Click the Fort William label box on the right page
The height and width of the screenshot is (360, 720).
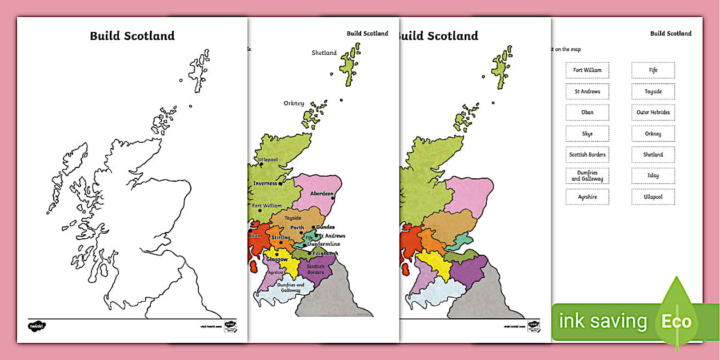tap(587, 70)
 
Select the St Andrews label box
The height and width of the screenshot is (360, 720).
tap(587, 91)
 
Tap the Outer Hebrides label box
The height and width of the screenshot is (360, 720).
tap(653, 113)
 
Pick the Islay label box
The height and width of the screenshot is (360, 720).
tap(653, 176)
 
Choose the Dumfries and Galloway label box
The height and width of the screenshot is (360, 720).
tap(587, 176)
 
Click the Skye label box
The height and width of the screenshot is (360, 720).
tap(587, 134)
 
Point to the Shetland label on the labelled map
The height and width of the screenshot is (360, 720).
tap(324, 53)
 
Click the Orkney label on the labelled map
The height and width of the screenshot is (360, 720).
tap(294, 103)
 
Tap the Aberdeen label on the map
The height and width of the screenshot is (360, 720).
tap(322, 194)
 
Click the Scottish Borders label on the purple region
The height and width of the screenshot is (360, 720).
tap(315, 269)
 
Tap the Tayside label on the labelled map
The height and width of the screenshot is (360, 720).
tap(293, 218)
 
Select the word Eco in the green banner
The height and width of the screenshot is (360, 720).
tap(677, 321)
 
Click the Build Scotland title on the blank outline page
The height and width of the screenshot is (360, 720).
tap(132, 36)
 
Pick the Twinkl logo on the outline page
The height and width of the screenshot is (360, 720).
tap(37, 326)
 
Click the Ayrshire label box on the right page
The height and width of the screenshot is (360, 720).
tap(587, 197)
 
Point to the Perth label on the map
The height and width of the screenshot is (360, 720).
tap(297, 228)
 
